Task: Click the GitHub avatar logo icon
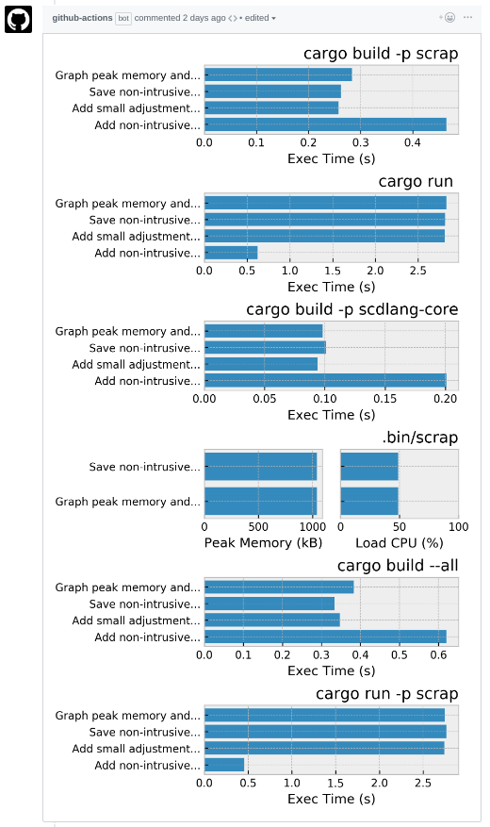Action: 18,18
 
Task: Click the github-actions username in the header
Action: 82,18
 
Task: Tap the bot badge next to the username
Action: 123,18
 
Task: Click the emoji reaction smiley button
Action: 449,18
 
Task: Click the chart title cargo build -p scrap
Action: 381,54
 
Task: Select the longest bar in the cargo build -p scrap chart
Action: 325,124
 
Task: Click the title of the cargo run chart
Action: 416,181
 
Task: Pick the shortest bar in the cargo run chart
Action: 231,253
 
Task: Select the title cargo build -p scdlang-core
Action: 352,309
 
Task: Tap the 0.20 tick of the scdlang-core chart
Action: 445,399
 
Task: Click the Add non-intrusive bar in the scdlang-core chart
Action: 325,381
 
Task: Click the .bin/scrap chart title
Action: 419,438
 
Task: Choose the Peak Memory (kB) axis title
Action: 263,543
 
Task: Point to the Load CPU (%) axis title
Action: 399,543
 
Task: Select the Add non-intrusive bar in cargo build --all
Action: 325,637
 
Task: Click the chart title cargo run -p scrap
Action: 386,694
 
